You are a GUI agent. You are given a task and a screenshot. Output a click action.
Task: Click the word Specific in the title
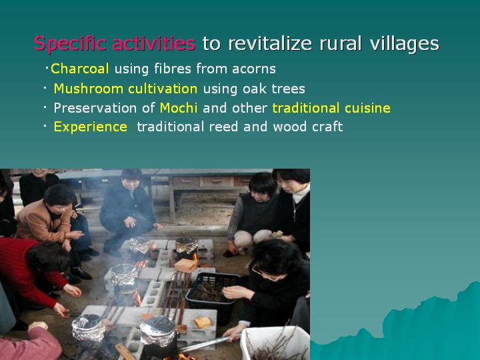pyautogui.click(x=69, y=43)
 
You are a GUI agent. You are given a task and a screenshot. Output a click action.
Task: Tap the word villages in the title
pyautogui.click(x=405, y=43)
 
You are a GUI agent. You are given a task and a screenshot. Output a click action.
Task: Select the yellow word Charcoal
pyautogui.click(x=79, y=69)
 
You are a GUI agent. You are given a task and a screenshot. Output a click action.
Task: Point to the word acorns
pyautogui.click(x=254, y=69)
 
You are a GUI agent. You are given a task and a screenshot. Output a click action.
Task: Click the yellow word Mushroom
pyautogui.click(x=89, y=89)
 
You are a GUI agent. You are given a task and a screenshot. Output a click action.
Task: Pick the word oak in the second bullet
pyautogui.click(x=255, y=89)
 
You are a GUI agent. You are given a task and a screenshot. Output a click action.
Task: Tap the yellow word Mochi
pyautogui.click(x=179, y=108)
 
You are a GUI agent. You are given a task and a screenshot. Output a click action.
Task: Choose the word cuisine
pyautogui.click(x=367, y=108)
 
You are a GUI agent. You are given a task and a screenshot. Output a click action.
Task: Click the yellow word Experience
pyautogui.click(x=90, y=127)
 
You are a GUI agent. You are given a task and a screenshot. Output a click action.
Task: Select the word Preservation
pyautogui.click(x=95, y=108)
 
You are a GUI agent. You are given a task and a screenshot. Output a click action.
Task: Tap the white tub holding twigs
pyautogui.click(x=273, y=343)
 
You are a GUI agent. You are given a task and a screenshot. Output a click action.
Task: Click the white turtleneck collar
pyautogui.click(x=301, y=193)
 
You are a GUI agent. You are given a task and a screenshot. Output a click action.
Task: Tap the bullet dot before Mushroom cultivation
pyautogui.click(x=45, y=89)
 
